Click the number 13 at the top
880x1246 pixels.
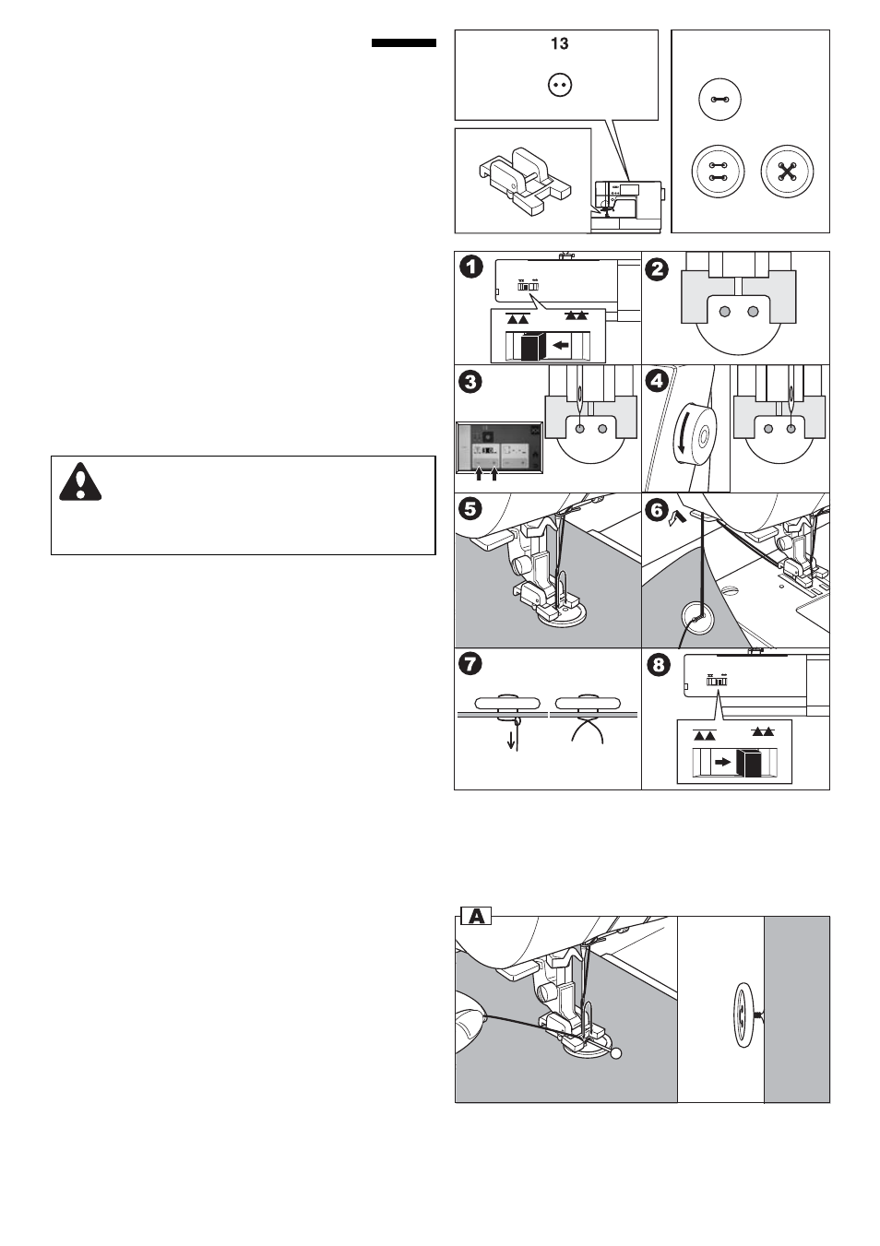pyautogui.click(x=559, y=44)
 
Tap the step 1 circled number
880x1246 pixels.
pyautogui.click(x=471, y=268)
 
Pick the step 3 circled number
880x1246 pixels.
pyautogui.click(x=471, y=382)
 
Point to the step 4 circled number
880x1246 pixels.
pyautogui.click(x=657, y=382)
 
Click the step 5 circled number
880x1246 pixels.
pyautogui.click(x=471, y=508)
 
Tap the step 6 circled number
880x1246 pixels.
pyautogui.click(x=657, y=508)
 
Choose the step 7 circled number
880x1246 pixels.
pyautogui.click(x=471, y=665)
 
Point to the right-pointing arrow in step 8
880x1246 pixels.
pyautogui.click(x=724, y=763)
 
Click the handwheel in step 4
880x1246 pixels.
pyautogui.click(x=697, y=431)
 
